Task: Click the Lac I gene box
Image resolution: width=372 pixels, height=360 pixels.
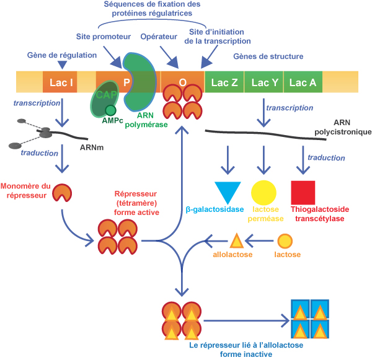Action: [x=60, y=82]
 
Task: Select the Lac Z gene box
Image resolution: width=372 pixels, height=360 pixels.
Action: [x=224, y=82]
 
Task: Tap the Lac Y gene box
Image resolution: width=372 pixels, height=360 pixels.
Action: [x=265, y=82]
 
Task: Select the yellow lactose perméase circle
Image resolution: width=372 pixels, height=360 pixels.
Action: [x=263, y=192]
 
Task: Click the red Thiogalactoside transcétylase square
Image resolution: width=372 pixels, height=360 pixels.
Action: [x=303, y=192]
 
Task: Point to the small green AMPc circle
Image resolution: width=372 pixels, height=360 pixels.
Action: [x=110, y=110]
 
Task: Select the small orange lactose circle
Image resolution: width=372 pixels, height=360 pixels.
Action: [x=285, y=241]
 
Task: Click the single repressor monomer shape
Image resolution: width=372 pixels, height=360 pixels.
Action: [x=61, y=193]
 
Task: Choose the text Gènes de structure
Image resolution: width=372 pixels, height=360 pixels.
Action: [x=268, y=56]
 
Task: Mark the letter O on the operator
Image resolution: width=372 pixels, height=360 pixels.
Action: [x=182, y=82]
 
